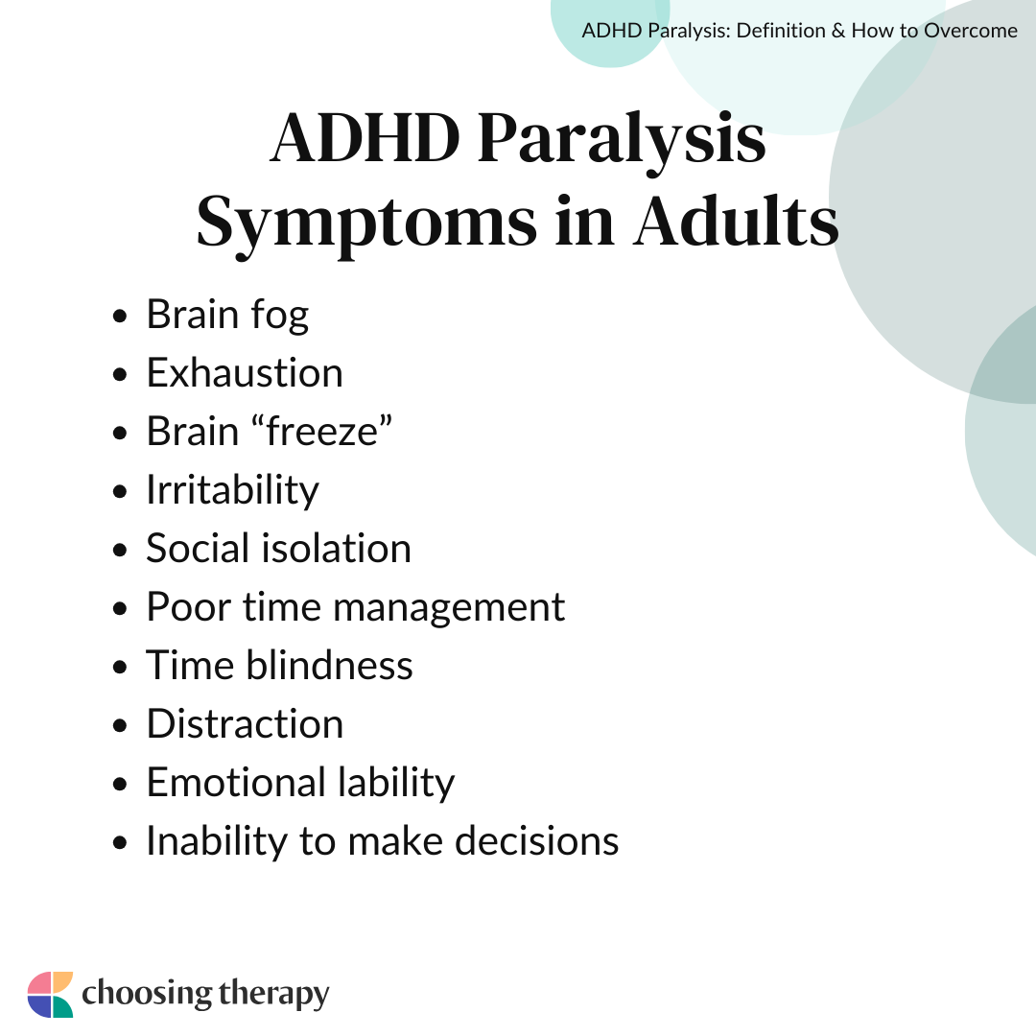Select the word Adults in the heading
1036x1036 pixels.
click(x=735, y=223)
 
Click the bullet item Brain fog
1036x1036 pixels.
click(x=227, y=315)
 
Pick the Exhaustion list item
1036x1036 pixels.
click(x=245, y=373)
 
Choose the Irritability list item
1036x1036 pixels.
click(x=232, y=490)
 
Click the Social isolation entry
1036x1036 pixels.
click(x=278, y=549)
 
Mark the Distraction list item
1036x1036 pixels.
click(x=245, y=724)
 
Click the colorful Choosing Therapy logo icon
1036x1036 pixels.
click(x=50, y=994)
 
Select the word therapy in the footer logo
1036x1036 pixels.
click(x=273, y=995)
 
